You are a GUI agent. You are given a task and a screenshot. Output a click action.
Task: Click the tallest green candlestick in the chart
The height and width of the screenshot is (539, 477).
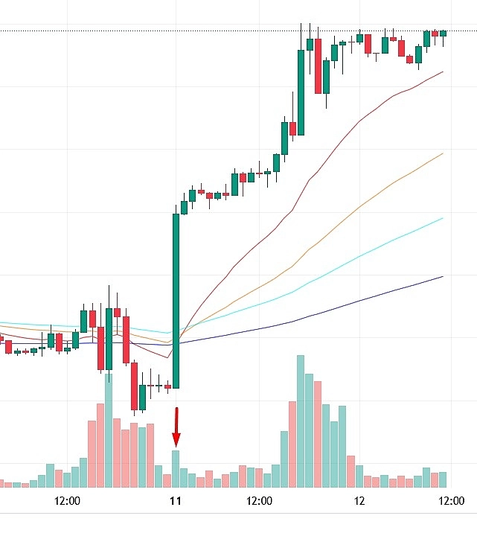[176, 301]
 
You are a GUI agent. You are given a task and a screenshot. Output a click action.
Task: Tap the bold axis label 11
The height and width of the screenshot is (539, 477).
[176, 501]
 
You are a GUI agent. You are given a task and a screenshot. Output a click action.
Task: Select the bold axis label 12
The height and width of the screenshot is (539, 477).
[359, 501]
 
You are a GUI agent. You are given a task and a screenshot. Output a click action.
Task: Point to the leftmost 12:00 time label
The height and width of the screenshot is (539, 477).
[68, 501]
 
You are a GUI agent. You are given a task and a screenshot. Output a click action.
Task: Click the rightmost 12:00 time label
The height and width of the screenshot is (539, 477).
[450, 501]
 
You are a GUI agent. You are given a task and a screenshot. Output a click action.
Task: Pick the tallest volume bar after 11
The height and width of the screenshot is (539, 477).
[301, 421]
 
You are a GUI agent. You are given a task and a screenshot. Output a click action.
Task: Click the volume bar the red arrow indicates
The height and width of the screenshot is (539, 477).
[176, 468]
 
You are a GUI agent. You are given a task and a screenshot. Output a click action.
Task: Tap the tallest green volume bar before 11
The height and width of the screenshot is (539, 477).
[109, 430]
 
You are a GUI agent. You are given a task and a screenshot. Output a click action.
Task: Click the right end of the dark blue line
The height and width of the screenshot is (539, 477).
[442, 277]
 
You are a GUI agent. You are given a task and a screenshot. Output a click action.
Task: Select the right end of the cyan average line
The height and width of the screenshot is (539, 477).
[442, 219]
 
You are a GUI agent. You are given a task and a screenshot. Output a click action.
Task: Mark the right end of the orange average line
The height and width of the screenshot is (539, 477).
[442, 154]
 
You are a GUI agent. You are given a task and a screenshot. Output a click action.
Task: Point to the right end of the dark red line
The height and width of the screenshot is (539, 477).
[442, 72]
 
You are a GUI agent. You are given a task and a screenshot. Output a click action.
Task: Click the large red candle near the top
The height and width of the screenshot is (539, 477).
[318, 66]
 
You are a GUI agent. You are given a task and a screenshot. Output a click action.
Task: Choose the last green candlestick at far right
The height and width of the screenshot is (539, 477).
[443, 33]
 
